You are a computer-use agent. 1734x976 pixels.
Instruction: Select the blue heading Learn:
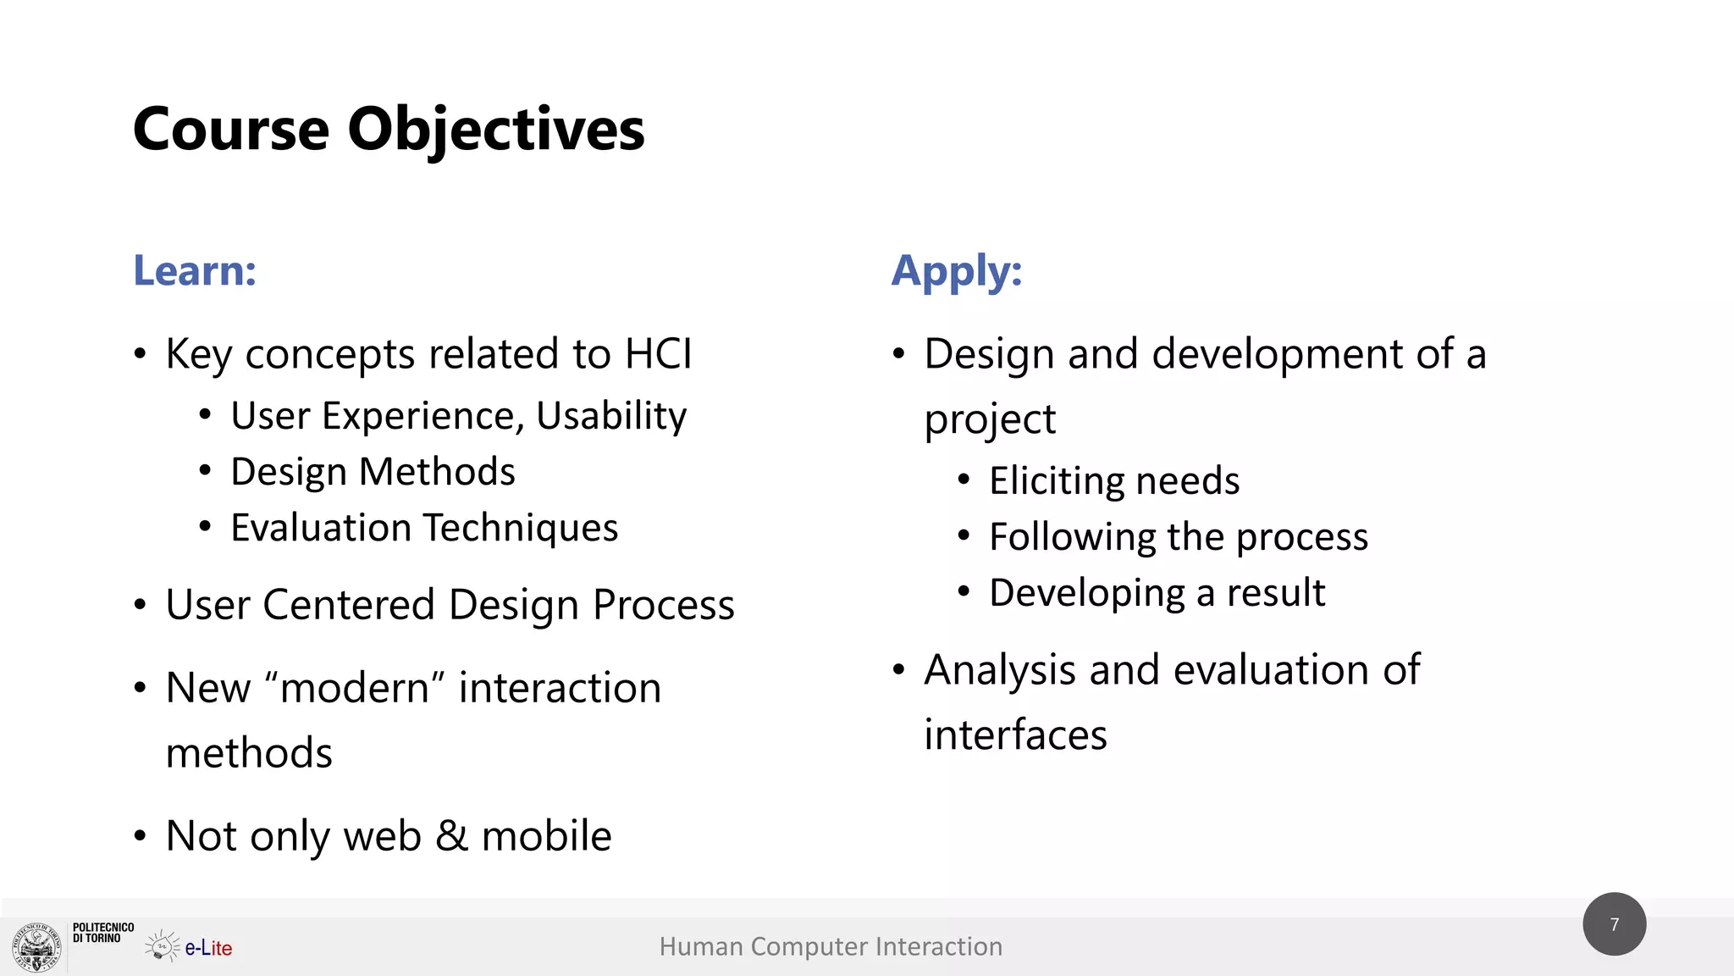click(x=195, y=271)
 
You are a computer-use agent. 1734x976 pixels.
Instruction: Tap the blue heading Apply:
click(x=957, y=271)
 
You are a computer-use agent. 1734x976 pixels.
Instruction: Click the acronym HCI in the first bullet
click(x=658, y=353)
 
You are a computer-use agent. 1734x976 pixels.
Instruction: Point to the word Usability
click(x=611, y=416)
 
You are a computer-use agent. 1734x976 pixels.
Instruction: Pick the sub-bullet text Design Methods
click(x=373, y=472)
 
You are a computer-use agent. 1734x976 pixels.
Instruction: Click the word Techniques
click(x=521, y=528)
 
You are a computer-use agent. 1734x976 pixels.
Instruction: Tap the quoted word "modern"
click(x=355, y=687)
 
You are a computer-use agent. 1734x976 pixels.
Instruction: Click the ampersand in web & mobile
click(x=451, y=836)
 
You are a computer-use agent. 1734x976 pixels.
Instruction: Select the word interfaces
click(x=1015, y=735)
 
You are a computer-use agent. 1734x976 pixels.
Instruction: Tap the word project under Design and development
click(x=990, y=419)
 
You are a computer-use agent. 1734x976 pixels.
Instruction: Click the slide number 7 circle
click(x=1614, y=924)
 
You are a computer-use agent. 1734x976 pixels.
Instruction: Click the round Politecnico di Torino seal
click(x=36, y=946)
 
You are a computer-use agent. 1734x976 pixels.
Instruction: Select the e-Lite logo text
click(x=208, y=948)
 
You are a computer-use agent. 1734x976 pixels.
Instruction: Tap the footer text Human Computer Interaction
click(x=831, y=946)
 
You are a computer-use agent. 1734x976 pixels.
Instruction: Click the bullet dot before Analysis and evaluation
click(x=899, y=670)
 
